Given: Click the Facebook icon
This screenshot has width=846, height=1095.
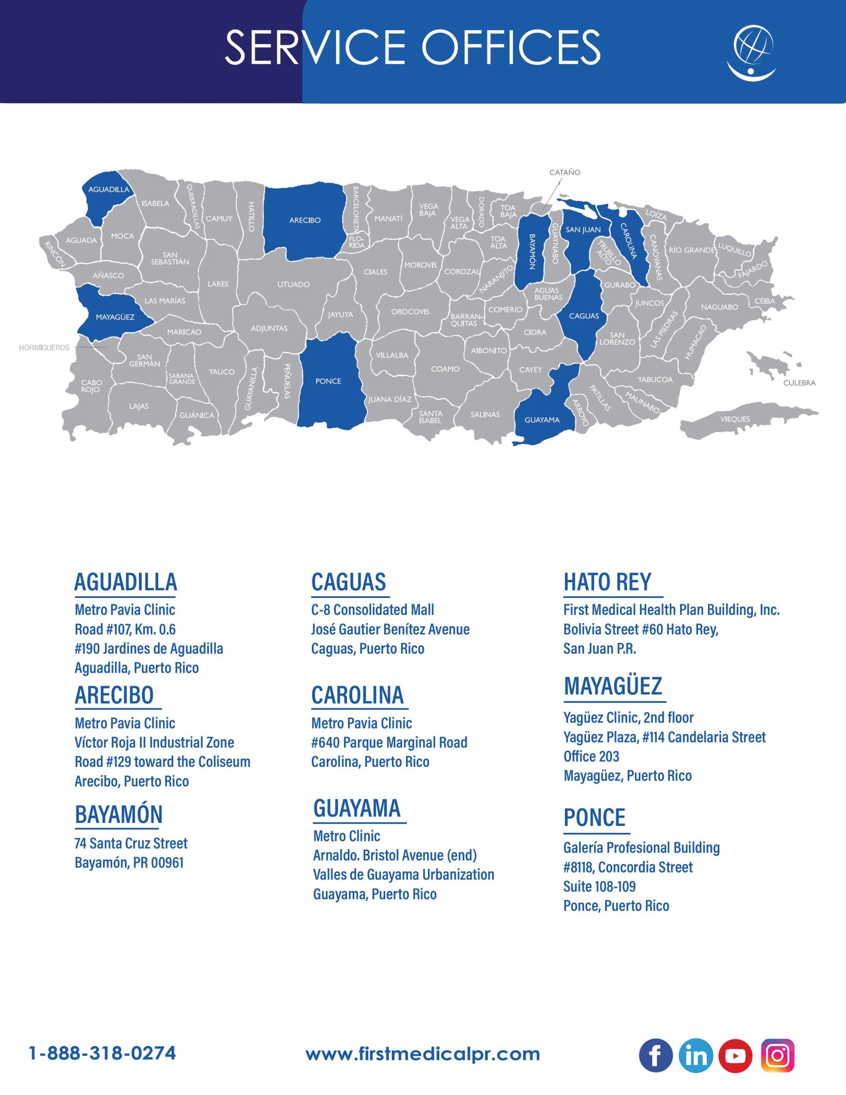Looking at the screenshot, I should pos(655,1055).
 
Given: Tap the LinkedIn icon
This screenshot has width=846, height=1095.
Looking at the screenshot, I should pos(695,1055).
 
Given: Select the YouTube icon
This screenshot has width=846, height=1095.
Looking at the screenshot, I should pos(735,1055).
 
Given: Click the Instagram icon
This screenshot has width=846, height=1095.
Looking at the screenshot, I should pos(777,1055).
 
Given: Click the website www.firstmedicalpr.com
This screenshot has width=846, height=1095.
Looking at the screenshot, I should pos(423,1054).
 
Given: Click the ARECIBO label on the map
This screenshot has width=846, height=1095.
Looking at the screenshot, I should pos(305,220).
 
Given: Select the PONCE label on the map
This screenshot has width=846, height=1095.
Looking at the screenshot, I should pos(328,381).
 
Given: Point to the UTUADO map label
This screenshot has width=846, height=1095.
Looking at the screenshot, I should pos(293,284).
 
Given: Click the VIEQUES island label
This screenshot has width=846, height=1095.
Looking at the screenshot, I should pos(735,419).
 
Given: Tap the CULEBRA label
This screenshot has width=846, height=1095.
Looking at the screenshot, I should pos(799,382).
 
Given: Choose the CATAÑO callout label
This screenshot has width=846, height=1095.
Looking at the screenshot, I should pos(565,172).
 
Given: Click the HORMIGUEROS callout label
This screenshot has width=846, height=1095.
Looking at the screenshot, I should pos(44,347).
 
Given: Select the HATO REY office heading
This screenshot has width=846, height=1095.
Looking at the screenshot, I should pos(607,582).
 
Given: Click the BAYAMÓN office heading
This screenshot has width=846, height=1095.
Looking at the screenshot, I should pos(119,814).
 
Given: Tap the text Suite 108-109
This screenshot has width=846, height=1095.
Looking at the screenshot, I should pos(599,886).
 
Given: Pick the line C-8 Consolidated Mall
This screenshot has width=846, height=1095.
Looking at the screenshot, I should pos(373,610).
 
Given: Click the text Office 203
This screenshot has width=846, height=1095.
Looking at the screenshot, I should pos(591,756).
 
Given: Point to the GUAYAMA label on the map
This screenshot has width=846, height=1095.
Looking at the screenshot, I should pos(541,420).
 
